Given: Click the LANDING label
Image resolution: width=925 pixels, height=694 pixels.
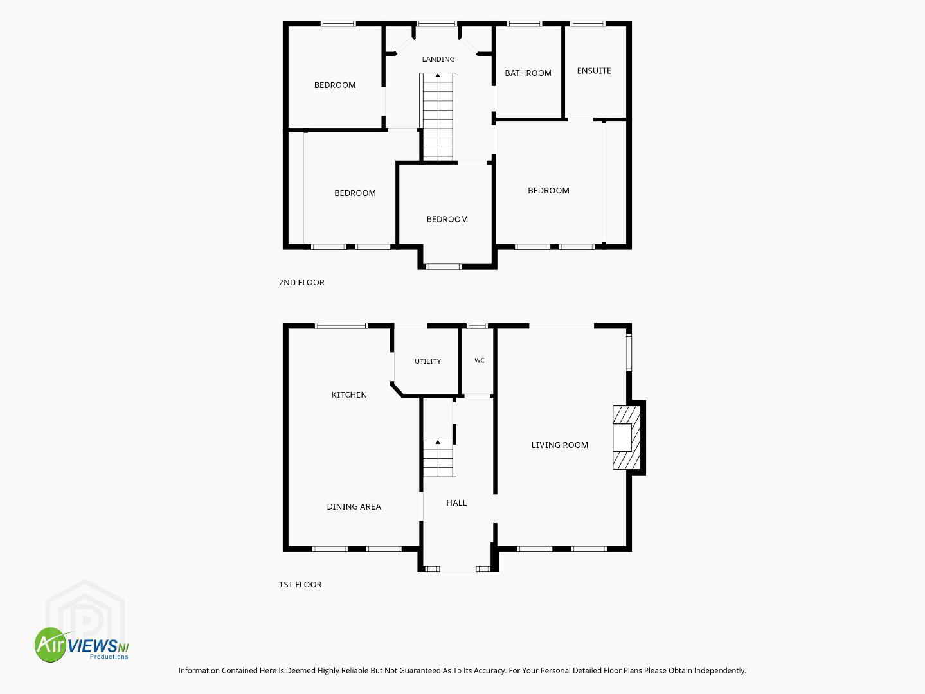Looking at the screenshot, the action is tap(438, 59).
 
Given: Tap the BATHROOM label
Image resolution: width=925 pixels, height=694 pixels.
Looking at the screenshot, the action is tap(528, 73).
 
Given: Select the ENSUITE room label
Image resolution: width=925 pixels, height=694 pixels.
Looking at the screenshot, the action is tap(594, 71).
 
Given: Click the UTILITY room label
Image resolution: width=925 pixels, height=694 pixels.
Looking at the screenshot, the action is tap(427, 361).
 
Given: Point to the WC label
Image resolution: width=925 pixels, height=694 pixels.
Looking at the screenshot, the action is tap(480, 360).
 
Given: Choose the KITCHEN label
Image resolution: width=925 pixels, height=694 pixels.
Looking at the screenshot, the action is tap(349, 395).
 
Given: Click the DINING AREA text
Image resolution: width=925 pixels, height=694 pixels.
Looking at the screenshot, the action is tap(354, 506).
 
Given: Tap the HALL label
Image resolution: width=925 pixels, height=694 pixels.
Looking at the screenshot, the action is tap(456, 503).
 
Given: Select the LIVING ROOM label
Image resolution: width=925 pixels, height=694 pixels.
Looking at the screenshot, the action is tap(560, 445).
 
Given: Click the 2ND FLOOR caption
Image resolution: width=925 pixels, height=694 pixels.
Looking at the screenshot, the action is tap(301, 283).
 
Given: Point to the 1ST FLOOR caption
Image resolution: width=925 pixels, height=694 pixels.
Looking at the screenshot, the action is tap(300, 585).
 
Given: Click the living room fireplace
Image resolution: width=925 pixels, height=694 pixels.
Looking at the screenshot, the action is tap(627, 438).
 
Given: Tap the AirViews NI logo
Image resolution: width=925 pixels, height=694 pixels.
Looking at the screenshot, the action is tap(82, 645).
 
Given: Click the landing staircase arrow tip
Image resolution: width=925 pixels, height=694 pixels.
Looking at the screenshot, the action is tap(438, 75).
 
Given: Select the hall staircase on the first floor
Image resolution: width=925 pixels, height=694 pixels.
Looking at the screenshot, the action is tap(438, 458).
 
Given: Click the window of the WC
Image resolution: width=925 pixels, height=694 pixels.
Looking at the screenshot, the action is tap(477, 326).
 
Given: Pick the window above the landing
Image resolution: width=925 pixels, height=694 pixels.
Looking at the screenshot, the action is tap(437, 24).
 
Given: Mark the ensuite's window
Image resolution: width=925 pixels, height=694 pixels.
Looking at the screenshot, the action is tap(588, 24).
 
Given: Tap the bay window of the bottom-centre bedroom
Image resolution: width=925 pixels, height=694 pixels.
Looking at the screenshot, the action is tap(444, 267).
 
